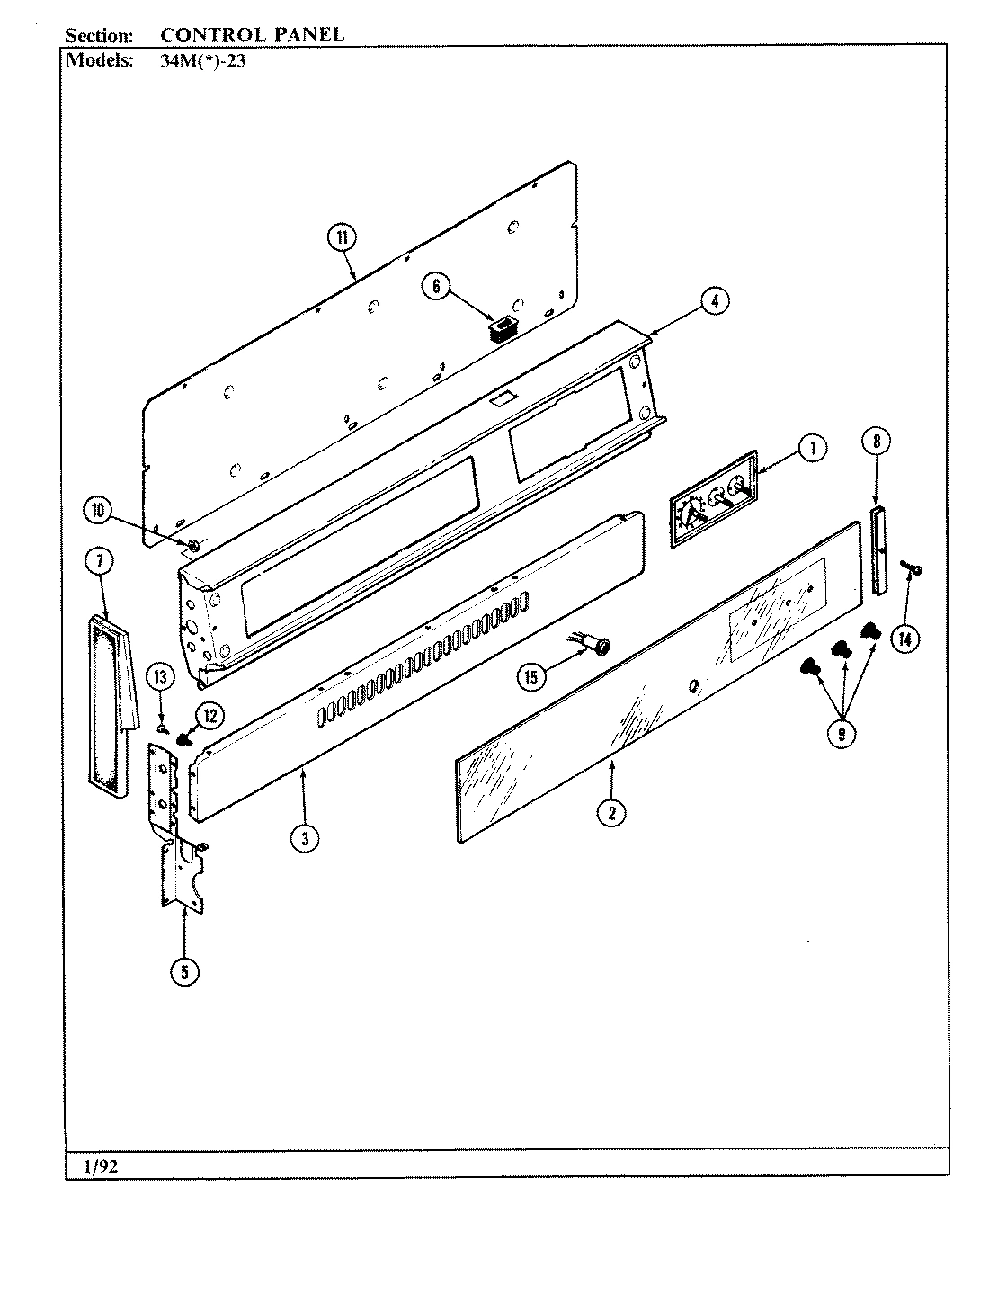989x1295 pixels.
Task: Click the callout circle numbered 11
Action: tap(342, 237)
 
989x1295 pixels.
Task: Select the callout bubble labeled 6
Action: tap(436, 286)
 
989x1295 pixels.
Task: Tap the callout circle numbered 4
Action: tap(715, 302)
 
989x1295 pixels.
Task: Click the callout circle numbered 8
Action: tap(876, 441)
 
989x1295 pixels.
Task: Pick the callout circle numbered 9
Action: tap(842, 732)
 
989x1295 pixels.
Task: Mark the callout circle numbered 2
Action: tap(611, 812)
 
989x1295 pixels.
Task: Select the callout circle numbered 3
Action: tap(305, 838)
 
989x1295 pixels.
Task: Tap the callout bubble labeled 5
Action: tap(184, 970)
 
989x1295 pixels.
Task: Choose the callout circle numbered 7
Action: tap(99, 562)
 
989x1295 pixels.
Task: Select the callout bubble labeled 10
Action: tap(97, 512)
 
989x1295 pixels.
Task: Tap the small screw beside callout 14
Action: tap(915, 569)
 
